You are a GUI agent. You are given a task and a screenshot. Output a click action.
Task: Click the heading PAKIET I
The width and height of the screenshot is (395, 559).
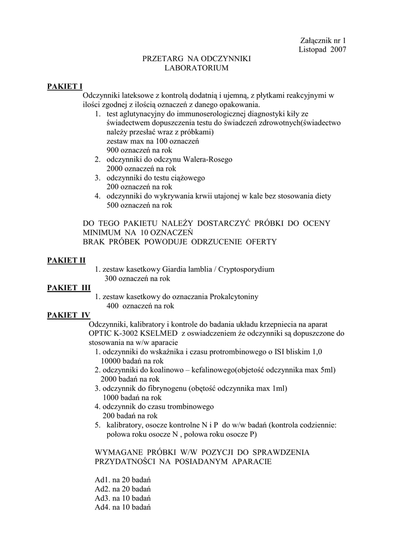(64, 86)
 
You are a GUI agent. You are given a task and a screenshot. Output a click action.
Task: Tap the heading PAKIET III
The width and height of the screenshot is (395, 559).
(69, 288)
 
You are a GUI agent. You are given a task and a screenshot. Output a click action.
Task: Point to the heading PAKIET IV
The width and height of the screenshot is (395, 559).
(69, 315)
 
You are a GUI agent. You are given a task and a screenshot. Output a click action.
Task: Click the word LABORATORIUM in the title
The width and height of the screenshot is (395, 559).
(196, 68)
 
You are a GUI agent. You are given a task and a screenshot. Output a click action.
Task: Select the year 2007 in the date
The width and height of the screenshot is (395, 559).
(338, 49)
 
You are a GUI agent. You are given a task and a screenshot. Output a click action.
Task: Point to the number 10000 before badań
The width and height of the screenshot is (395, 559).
(112, 361)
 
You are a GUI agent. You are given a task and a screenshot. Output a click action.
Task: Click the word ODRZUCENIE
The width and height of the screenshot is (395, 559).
(207, 241)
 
